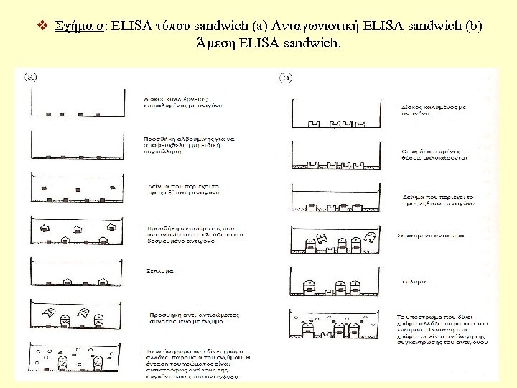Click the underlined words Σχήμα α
(78, 27)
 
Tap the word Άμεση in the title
(215, 45)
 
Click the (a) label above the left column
(32, 75)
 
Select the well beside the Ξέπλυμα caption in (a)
(73, 272)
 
